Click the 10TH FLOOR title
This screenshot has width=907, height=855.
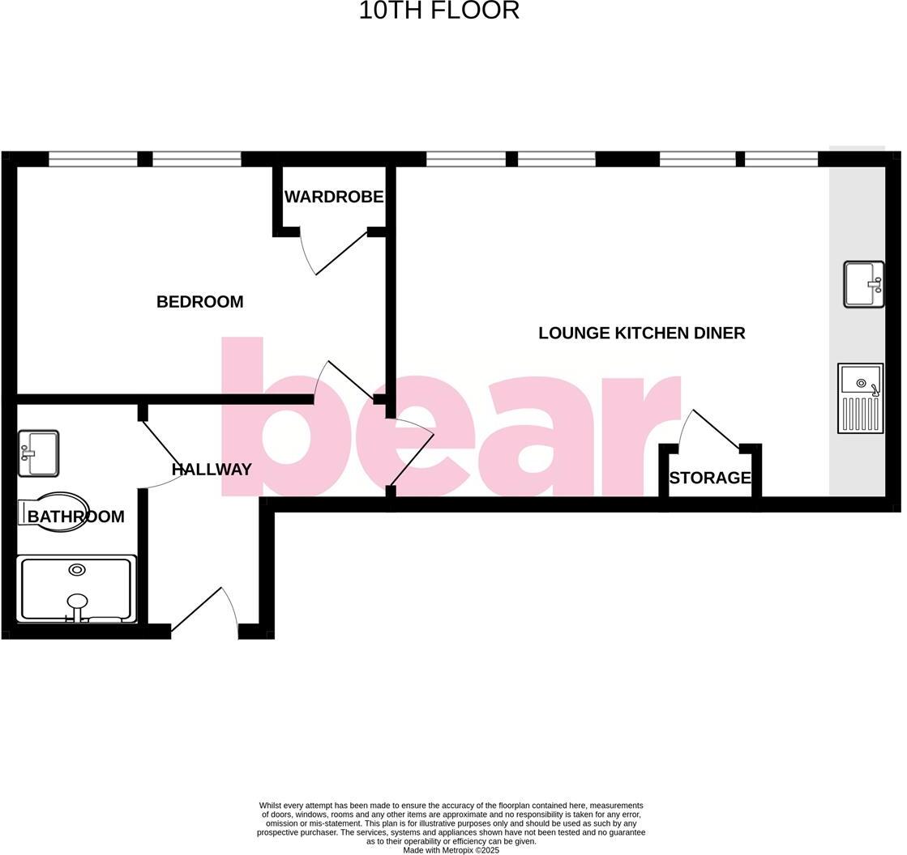tap(439, 11)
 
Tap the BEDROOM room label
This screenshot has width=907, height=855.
tap(199, 302)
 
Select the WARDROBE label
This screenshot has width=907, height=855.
tap(333, 197)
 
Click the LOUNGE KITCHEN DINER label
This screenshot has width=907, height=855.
tap(641, 333)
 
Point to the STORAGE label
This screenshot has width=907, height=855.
tap(710, 478)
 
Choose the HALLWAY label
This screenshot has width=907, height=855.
tap(212, 469)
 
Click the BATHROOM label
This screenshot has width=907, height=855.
tap(76, 517)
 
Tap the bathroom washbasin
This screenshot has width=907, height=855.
tap(38, 453)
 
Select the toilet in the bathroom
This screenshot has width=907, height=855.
tap(55, 512)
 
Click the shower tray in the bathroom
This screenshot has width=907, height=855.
tap(77, 589)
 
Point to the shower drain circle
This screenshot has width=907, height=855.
tap(77, 570)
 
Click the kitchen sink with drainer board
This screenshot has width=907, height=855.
tap(860, 398)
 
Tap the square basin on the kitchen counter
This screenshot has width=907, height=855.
tap(863, 284)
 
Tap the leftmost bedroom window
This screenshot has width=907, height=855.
tap(93, 160)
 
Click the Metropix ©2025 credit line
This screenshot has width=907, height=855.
tap(451, 850)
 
